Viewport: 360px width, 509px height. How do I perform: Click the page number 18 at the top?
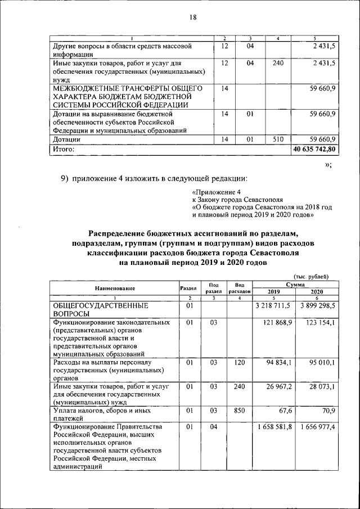tap(192, 17)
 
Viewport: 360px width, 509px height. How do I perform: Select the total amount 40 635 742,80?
tap(314, 150)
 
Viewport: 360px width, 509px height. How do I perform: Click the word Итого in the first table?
tap(63, 150)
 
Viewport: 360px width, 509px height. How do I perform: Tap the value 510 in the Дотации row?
tap(277, 139)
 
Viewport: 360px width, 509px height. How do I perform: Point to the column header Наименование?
tap(115, 288)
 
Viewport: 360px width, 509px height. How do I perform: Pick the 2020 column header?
tap(317, 292)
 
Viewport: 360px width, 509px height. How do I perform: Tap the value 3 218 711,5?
tap(273, 305)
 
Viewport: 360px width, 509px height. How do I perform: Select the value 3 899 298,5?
tap(316, 305)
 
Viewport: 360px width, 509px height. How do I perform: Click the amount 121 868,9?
tap(276, 323)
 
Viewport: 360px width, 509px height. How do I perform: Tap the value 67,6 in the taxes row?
tap(284, 411)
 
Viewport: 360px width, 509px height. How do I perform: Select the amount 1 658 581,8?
tap(273, 428)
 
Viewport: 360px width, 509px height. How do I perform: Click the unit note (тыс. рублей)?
tap(312, 276)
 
